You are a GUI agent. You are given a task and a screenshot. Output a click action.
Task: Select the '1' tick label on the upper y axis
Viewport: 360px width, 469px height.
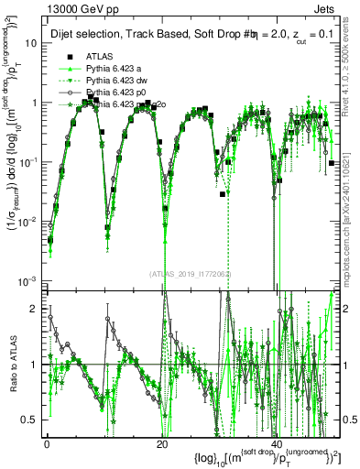click(34, 103)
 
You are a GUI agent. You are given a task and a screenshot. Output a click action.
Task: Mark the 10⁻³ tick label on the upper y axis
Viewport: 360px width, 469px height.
click(27, 279)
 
